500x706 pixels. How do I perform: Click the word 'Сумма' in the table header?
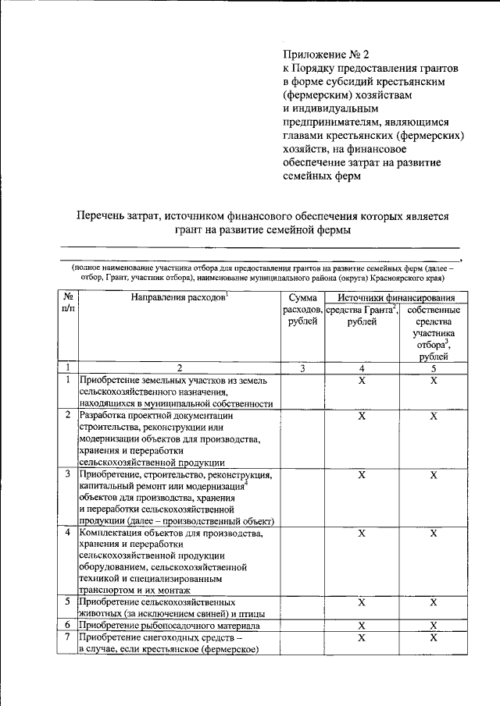[302, 298]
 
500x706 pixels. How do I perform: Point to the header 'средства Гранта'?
[360, 310]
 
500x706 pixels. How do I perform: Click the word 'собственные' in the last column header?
[434, 310]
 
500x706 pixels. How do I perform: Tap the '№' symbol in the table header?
[68, 298]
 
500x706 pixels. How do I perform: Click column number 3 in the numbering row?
[302, 367]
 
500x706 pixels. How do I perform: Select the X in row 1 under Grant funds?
[362, 380]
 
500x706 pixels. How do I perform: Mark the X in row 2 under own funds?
[434, 417]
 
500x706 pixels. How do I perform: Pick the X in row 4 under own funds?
[434, 534]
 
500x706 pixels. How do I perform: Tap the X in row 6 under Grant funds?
[362, 626]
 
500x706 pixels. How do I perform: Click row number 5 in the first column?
[68, 602]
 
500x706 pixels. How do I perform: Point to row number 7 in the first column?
[68, 638]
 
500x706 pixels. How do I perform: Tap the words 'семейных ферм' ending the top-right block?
[321, 176]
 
